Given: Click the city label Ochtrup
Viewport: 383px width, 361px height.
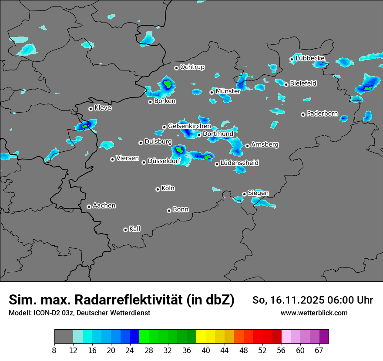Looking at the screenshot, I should (192, 67).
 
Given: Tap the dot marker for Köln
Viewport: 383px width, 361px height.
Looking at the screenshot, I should (158, 189).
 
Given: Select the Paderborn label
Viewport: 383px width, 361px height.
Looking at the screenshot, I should (322, 114).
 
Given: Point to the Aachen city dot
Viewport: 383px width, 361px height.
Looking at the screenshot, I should (89, 207).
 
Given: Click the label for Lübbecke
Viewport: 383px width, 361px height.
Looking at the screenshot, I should (310, 58).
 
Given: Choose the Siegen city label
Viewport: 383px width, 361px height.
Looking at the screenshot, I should (258, 193).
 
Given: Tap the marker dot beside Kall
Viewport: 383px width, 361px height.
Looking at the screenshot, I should (125, 230).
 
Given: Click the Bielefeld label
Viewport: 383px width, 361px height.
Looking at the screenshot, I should (303, 83).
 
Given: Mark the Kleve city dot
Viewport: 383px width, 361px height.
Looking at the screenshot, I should (91, 109).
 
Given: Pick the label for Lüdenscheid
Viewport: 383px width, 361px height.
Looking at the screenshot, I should (239, 163).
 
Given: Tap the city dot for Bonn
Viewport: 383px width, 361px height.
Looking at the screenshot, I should (169, 211).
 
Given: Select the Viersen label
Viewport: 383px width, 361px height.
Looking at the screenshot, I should (127, 158).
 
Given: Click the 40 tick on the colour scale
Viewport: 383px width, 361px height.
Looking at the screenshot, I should (206, 350).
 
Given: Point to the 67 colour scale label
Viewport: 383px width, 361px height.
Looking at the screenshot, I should (319, 350).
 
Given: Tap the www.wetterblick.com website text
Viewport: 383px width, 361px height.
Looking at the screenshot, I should (314, 313).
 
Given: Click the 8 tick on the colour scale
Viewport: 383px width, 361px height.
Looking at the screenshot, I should (54, 350).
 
